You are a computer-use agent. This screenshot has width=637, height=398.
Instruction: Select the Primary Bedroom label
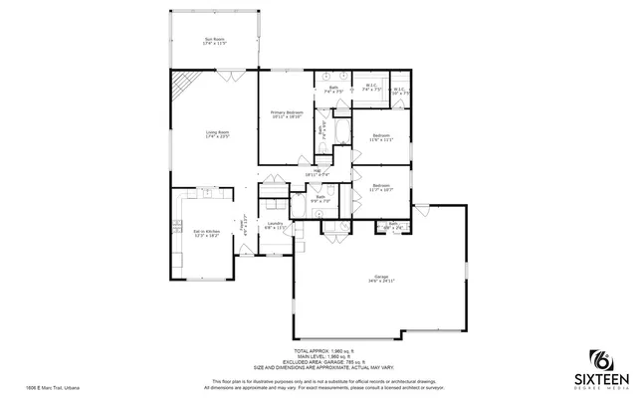click(x=287, y=114)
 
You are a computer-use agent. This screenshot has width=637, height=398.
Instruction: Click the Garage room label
click(x=381, y=279)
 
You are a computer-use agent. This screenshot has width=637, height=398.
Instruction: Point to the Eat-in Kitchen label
click(x=206, y=234)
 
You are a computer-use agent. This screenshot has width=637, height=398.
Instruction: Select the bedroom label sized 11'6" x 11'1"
click(x=381, y=137)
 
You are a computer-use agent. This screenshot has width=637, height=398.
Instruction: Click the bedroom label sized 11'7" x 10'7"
click(x=381, y=187)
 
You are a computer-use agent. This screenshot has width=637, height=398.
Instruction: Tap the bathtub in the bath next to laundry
click(x=299, y=206)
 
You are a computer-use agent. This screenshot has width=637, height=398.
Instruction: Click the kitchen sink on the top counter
click(x=206, y=190)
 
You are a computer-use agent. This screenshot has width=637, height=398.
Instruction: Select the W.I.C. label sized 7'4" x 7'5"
click(x=370, y=88)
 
